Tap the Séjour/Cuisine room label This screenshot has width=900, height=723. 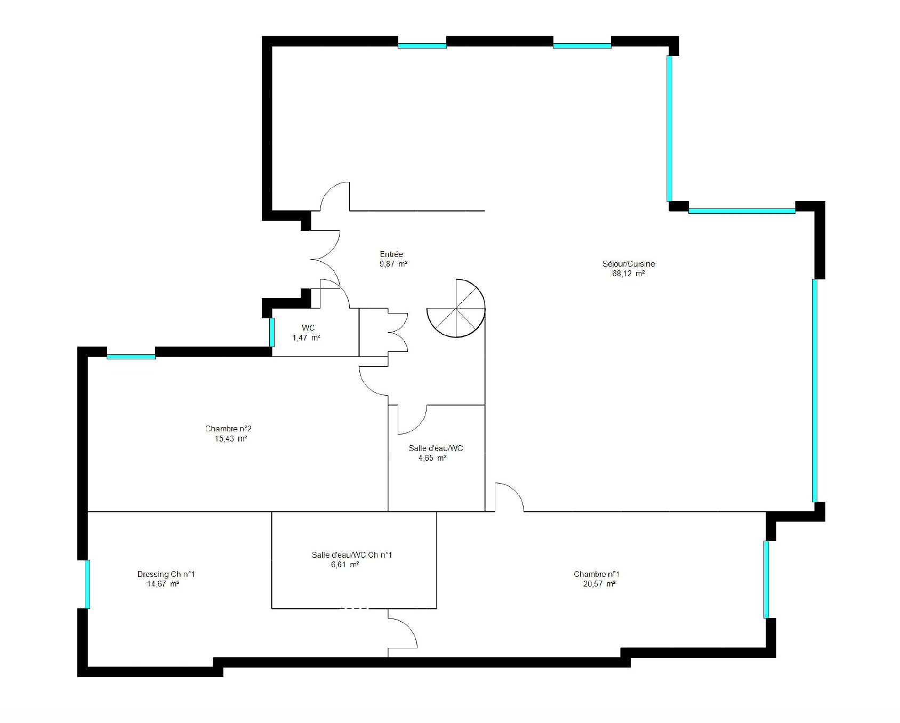pos(629,264)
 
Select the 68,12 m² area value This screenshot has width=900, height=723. pos(629,274)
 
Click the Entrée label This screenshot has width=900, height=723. pos(391,254)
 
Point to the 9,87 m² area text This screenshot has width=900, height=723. pos(393,264)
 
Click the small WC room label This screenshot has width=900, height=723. pos(308,327)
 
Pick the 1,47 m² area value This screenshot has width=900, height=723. pos(306,338)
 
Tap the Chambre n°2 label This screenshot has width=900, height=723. pos(228,429)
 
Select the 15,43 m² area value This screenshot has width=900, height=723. pos(230,439)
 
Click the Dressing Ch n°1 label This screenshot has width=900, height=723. pos(166,574)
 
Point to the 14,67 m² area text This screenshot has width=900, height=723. pos(163,584)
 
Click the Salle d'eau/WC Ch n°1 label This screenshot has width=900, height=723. pos(352,555)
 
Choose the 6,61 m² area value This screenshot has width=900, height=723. pos(345,565)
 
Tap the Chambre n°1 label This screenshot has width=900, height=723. pos(597,574)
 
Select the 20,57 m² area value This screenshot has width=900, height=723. pos(600,584)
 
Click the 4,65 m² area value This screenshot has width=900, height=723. pos(432,458)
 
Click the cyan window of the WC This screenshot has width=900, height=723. pos(272,332)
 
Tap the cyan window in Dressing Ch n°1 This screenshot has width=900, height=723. pos(87,584)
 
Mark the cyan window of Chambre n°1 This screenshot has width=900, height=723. pos(766,579)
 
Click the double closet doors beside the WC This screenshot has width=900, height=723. pos(397,332)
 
